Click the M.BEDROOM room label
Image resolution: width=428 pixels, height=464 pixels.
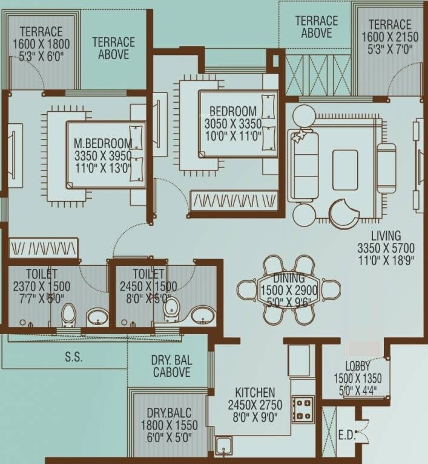(102, 144)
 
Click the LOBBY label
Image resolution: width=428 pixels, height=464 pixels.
(357, 366)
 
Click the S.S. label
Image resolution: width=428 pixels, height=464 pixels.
(74, 357)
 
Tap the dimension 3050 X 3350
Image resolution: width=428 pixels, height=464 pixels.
(233, 124)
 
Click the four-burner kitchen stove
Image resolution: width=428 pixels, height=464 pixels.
(303, 409)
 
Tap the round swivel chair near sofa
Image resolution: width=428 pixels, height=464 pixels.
(343, 213)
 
